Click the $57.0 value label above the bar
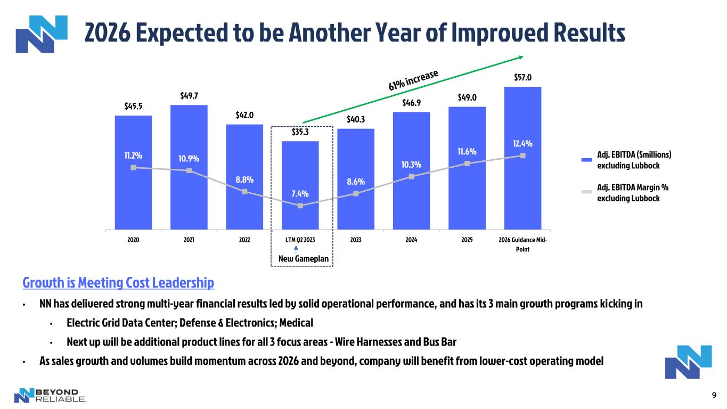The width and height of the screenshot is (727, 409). pyautogui.click(x=522, y=78)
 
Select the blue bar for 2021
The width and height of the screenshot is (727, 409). pyautogui.click(x=189, y=167)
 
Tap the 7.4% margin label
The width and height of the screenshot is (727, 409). pyautogui.click(x=300, y=194)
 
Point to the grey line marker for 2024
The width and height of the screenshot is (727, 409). pyautogui.click(x=412, y=177)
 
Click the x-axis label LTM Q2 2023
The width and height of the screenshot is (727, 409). pyautogui.click(x=300, y=240)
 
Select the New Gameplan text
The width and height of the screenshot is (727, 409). pyautogui.click(x=304, y=259)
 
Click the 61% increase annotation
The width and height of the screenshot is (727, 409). pyautogui.click(x=413, y=80)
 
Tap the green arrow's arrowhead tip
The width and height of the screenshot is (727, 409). pyautogui.click(x=524, y=56)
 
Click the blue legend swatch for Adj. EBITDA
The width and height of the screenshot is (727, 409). pyautogui.click(x=586, y=160)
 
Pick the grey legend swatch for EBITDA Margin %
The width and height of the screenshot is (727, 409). pyautogui.click(x=586, y=192)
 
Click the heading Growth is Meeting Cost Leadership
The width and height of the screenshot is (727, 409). pyautogui.click(x=118, y=282)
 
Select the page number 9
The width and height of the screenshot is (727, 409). pyautogui.click(x=714, y=395)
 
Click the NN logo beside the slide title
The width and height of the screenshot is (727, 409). pyautogui.click(x=42, y=34)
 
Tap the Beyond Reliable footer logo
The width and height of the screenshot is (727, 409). pyautogui.click(x=50, y=395)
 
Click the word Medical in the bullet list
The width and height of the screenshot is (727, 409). pyautogui.click(x=296, y=323)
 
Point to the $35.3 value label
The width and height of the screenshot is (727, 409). pyautogui.click(x=300, y=132)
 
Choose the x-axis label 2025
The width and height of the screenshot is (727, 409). pyautogui.click(x=467, y=240)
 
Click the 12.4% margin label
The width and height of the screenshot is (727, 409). pyautogui.click(x=522, y=143)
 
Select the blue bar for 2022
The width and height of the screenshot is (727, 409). pyautogui.click(x=244, y=177)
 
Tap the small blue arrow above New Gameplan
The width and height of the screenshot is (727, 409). pyautogui.click(x=296, y=250)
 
